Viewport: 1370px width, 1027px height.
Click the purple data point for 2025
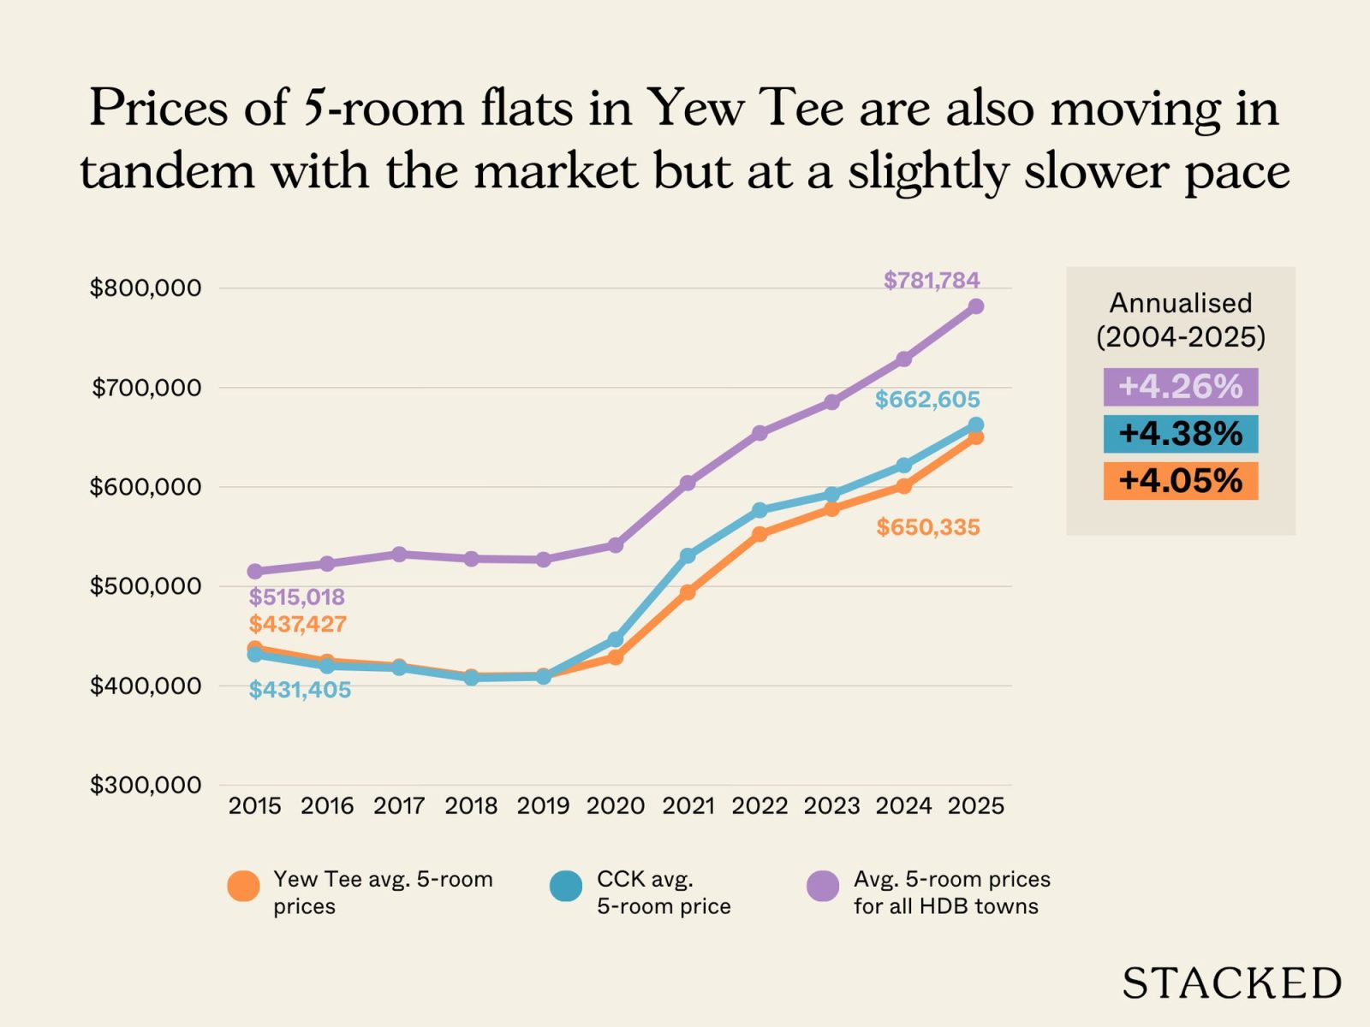[975, 306]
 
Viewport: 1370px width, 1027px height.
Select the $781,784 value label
[932, 280]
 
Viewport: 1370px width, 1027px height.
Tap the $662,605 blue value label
[927, 400]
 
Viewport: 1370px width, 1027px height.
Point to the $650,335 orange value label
[928, 527]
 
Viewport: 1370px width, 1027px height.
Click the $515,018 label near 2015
[297, 597]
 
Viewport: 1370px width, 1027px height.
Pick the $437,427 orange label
[298, 624]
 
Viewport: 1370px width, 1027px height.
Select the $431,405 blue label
[300, 690]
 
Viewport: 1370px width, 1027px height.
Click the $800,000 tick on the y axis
[146, 288]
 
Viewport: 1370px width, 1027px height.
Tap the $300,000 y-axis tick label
[146, 785]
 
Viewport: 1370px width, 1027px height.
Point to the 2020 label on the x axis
[616, 806]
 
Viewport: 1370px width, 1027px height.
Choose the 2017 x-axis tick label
[399, 806]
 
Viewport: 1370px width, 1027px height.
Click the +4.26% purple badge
[1180, 387]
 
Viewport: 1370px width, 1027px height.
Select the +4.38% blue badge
[1180, 434]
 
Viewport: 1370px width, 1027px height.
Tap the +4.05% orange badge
[1180, 481]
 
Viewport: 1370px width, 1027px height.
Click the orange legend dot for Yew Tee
[243, 887]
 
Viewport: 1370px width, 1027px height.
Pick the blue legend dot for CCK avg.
[566, 887]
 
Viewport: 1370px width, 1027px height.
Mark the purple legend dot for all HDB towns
[823, 887]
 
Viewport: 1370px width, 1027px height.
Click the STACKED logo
[1231, 983]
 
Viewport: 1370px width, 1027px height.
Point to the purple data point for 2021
[687, 483]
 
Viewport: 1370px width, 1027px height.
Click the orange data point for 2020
[615, 657]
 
